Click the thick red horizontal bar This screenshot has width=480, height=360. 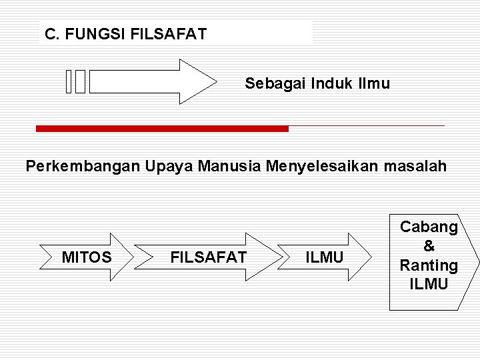pyautogui.click(x=162, y=129)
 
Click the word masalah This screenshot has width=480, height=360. pyautogui.click(x=417, y=166)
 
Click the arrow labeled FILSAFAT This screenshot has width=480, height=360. pyautogui.click(x=209, y=257)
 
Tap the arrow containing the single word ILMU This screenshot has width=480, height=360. pyautogui.click(x=325, y=257)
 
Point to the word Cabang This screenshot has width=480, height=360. pyautogui.click(x=429, y=227)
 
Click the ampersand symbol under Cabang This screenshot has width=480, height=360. pyautogui.click(x=429, y=246)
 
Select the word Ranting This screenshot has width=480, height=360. pyautogui.click(x=429, y=265)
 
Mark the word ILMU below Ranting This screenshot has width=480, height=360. pyautogui.click(x=429, y=284)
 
